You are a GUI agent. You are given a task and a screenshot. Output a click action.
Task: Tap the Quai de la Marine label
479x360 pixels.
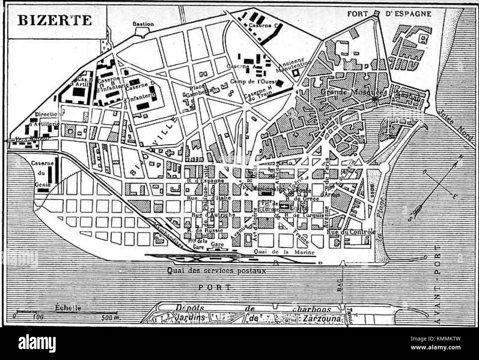[284, 252]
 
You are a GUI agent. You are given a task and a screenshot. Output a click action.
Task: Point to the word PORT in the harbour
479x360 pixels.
[214, 287]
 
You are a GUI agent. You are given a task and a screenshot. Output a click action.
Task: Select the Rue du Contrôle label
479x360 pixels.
[351, 232]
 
